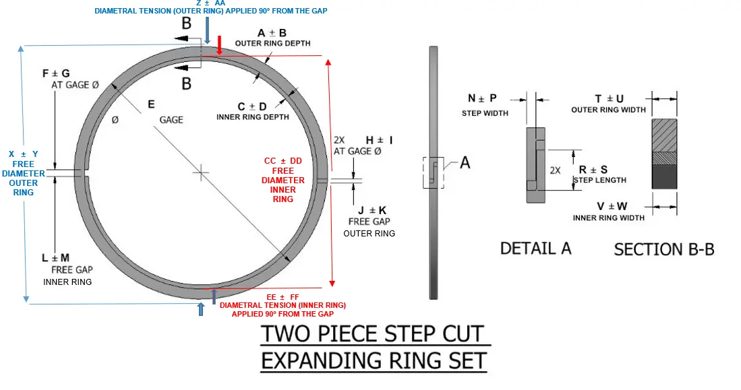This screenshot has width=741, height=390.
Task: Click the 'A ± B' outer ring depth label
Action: pos(272,33)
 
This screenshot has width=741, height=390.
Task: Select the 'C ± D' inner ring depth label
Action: pos(252,106)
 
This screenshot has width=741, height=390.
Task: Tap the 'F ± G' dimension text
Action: pos(56,73)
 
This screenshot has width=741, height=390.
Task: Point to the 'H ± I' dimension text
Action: pos(379,139)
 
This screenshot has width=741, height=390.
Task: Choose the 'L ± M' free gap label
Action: pos(55,258)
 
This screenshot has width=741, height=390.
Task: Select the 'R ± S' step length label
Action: pos(593,170)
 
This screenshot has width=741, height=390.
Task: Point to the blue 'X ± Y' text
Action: pos(24,154)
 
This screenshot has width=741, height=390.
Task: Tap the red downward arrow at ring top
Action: pos(220,46)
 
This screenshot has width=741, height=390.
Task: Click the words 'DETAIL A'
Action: pos(535,248)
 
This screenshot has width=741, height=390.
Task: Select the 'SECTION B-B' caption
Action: pos(663,249)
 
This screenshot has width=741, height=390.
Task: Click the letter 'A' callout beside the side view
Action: pos(465,162)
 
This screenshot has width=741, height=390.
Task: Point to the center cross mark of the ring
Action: pos(200,173)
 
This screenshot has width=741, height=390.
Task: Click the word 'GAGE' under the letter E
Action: pos(171,119)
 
